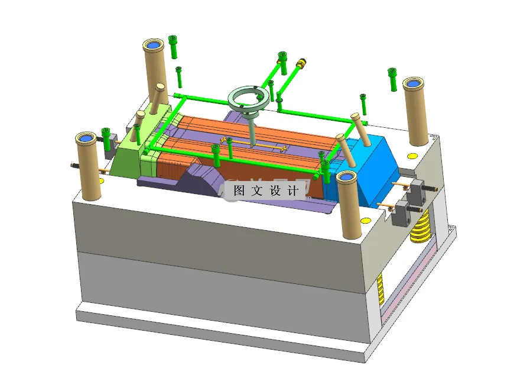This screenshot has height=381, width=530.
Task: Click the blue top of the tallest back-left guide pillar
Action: (x=154, y=44)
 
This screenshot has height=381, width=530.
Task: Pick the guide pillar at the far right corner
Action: (x=415, y=112)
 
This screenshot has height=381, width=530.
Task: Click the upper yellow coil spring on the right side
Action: (x=420, y=228)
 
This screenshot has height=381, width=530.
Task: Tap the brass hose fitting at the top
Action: (x=302, y=62)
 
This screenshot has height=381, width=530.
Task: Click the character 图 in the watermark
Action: (x=239, y=190)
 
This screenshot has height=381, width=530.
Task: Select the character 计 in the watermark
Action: (x=292, y=190)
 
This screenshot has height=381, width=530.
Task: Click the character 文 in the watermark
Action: (x=257, y=190)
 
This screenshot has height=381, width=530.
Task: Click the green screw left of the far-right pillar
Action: (x=392, y=79)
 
